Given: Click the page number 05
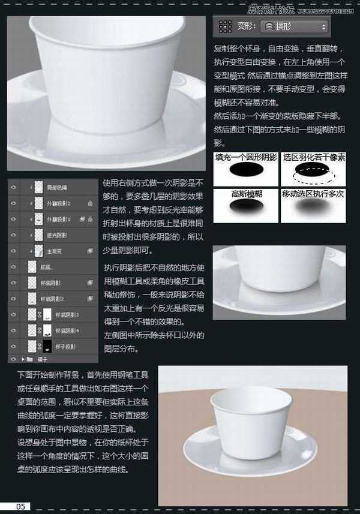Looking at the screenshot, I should coord(20,507).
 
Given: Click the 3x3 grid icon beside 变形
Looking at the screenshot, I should coord(225,26).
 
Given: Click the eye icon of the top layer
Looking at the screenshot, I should coord(13,187).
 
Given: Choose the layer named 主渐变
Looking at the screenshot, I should coord(55,250).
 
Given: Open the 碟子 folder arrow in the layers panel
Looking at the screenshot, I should coord(23,359).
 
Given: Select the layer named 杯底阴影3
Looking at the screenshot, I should coord(66,314).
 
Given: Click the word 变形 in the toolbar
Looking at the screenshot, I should coord(245,26).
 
